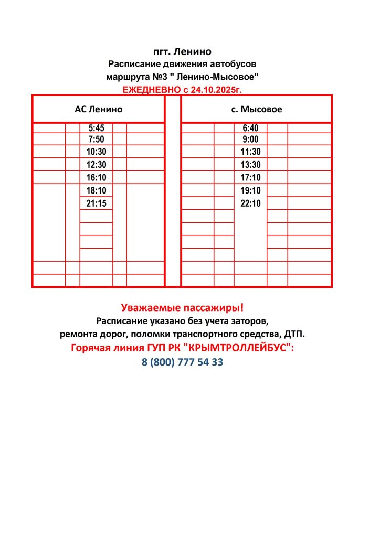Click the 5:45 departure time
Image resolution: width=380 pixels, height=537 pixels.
(x=97, y=128)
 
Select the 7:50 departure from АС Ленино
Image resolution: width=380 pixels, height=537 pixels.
(x=97, y=139)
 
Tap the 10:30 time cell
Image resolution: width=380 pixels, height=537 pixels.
(x=97, y=152)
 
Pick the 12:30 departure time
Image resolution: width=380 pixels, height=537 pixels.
(x=97, y=165)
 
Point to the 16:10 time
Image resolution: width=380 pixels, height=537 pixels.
(x=97, y=178)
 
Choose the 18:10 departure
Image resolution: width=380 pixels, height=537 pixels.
(x=97, y=190)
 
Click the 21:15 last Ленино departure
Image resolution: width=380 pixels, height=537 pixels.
(x=97, y=203)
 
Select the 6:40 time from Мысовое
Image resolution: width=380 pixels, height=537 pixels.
(x=250, y=128)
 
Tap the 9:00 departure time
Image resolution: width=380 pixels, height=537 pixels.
(x=250, y=139)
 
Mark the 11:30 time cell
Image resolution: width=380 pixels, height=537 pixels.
(x=250, y=152)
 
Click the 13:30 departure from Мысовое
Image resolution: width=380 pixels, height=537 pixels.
(x=250, y=165)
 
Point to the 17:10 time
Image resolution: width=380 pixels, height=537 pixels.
(x=250, y=178)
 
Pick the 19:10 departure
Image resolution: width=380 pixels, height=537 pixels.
(x=250, y=190)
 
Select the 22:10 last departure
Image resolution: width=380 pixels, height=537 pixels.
(x=250, y=203)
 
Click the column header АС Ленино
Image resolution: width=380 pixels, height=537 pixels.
(x=99, y=110)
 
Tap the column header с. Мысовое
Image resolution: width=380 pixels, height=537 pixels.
(x=257, y=110)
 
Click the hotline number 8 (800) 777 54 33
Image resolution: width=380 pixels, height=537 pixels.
(x=182, y=362)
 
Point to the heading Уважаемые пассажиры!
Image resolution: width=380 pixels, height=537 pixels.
(x=182, y=308)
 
